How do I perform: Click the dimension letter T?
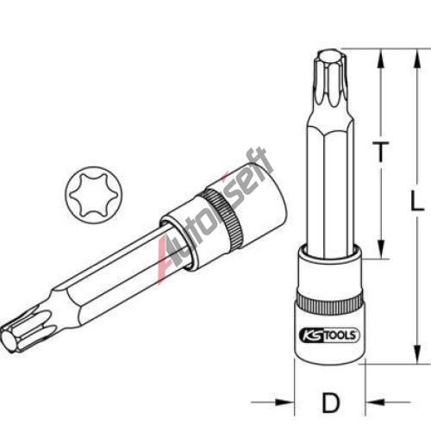coord(381,152)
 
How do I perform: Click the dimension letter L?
coord(417,201)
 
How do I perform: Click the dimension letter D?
coord(330,403)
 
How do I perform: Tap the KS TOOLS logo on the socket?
coord(329,335)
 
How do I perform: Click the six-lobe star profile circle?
coord(94,195)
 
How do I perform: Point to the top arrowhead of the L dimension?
coord(417,59)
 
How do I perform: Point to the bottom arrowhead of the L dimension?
coord(417,353)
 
